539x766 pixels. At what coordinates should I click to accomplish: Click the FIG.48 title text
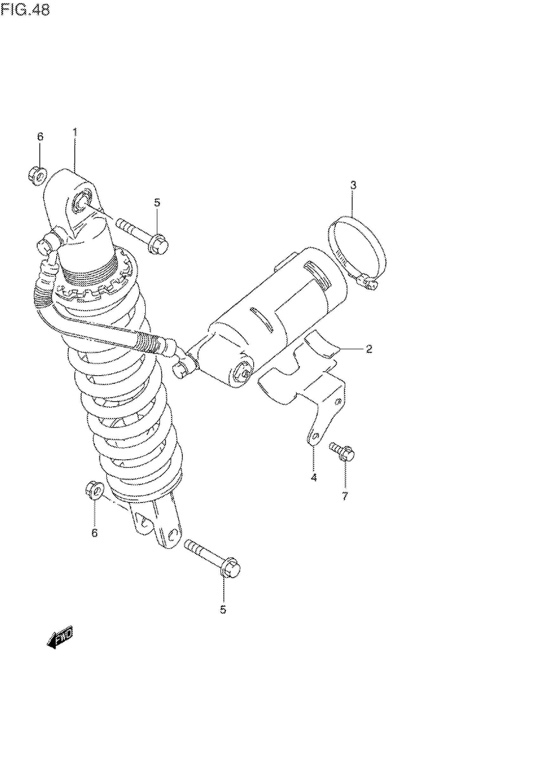click(25, 10)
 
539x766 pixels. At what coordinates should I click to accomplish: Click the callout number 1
click(75, 133)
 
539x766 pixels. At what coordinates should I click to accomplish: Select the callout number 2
click(369, 349)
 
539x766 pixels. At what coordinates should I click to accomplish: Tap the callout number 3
click(353, 185)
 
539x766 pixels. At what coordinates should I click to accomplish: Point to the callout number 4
click(314, 477)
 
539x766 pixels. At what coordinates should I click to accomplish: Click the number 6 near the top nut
click(40, 136)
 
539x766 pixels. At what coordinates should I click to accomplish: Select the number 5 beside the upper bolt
click(157, 202)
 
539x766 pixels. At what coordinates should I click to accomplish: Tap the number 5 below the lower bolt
click(223, 610)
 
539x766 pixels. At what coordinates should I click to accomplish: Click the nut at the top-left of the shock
click(37, 175)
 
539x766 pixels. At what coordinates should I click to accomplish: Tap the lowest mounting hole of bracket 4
click(315, 435)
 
